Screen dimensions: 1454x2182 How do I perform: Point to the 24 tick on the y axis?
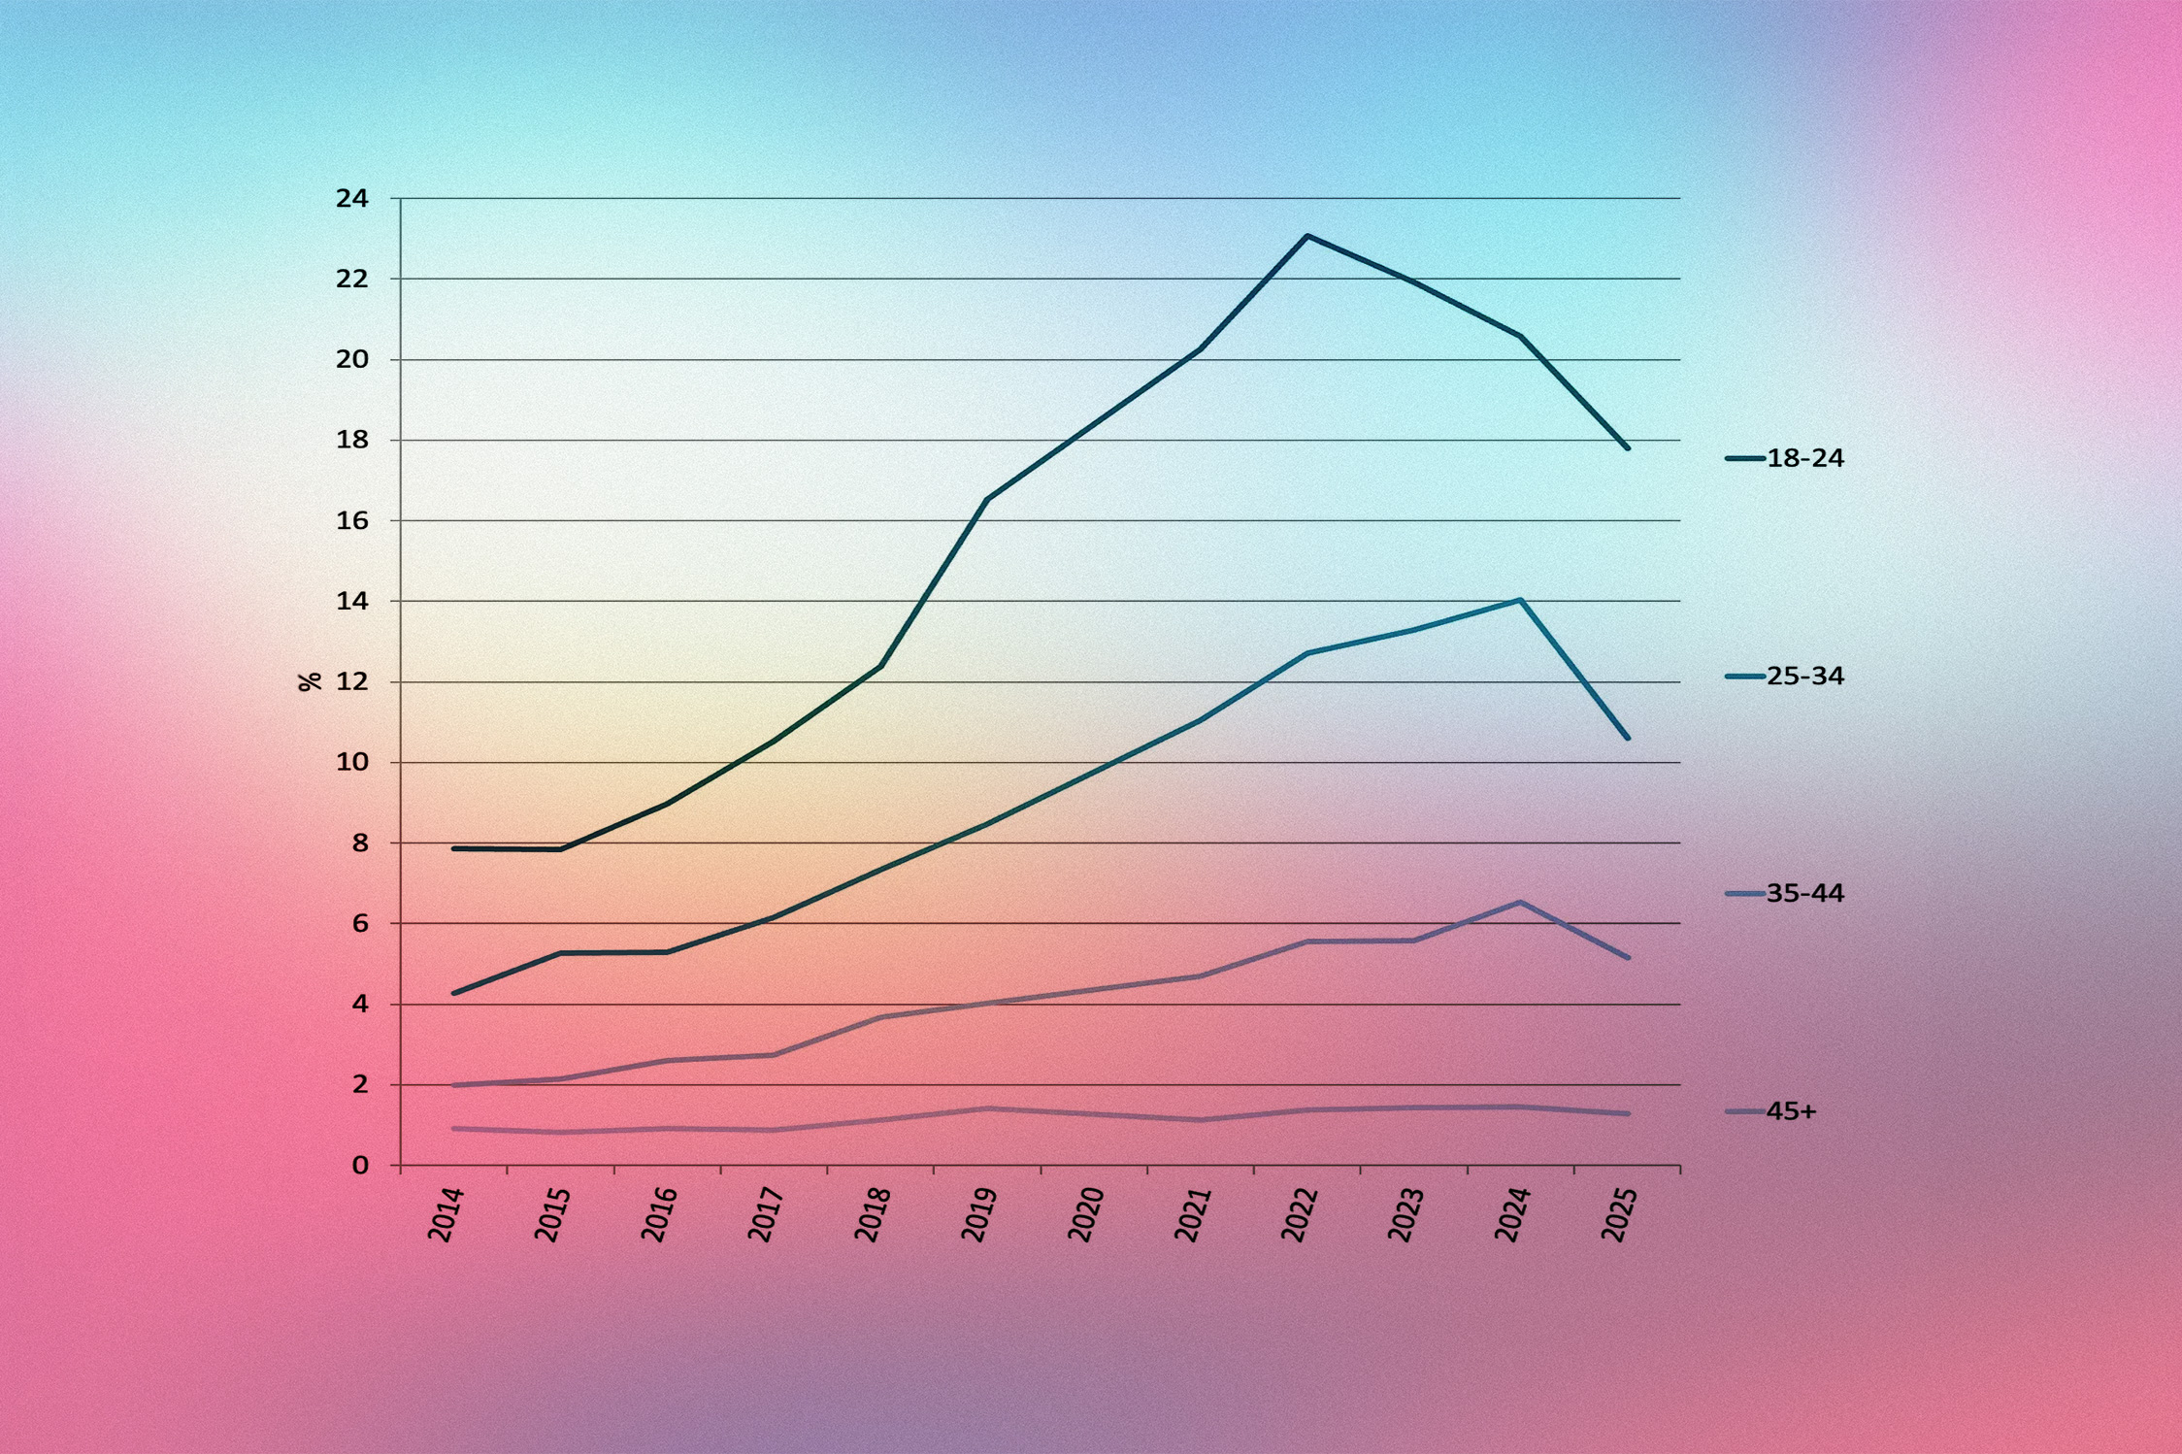[x=352, y=199]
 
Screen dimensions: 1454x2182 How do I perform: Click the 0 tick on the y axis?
[x=360, y=1165]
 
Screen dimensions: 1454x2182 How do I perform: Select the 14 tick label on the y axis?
[x=352, y=602]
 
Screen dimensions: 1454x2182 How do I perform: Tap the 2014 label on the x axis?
[x=446, y=1213]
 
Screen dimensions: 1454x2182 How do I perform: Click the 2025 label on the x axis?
[x=1619, y=1213]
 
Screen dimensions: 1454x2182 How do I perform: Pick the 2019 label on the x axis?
[x=979, y=1213]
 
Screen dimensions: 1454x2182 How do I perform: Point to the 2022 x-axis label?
[x=1300, y=1213]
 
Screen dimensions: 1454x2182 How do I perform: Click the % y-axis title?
[x=310, y=681]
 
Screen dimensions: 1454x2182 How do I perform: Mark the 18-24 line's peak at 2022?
[x=1307, y=236]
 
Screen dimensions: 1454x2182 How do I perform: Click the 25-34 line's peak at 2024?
[x=1520, y=600]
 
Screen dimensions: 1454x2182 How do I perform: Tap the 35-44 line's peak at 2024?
[x=1520, y=903]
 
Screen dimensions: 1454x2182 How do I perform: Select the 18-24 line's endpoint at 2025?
[x=1628, y=448]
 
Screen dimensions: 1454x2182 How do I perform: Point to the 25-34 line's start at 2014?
[x=454, y=993]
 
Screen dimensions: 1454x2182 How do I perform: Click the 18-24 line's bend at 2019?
[x=987, y=500]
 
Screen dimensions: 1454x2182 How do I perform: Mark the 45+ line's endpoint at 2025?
[x=1628, y=1113]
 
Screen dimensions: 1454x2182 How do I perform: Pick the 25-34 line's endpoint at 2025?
[x=1628, y=739]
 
